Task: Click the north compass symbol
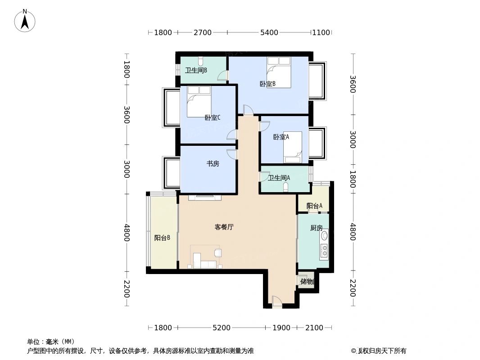click(25, 20)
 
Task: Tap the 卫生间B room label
click(196, 70)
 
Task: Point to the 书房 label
click(213, 164)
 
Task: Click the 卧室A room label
click(281, 137)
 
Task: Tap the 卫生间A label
click(279, 178)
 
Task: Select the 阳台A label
click(314, 206)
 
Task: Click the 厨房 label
click(317, 228)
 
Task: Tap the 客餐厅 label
click(224, 227)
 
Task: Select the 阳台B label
click(162, 238)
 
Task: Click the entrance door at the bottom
click(276, 302)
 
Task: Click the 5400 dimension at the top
click(269, 32)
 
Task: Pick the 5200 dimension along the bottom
click(221, 328)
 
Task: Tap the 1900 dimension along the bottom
click(281, 328)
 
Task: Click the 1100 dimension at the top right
click(321, 32)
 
